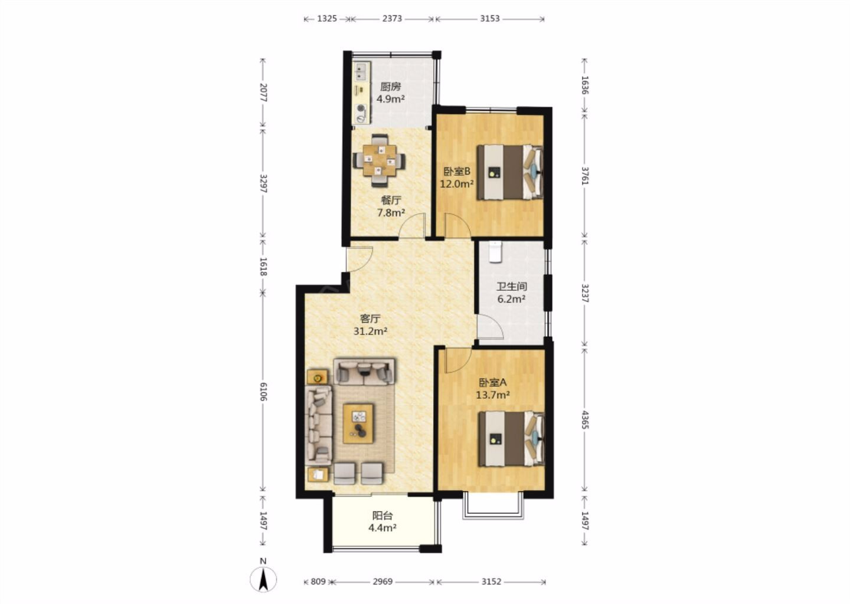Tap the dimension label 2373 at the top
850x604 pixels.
coord(392,18)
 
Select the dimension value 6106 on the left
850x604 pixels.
coord(263,392)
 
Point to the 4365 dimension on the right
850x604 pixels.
coord(585,420)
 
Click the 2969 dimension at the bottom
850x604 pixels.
coord(382,582)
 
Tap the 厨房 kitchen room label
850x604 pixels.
coord(391,87)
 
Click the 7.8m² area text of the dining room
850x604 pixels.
coord(391,213)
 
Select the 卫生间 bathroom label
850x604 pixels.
coord(512,287)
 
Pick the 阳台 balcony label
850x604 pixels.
coord(382,516)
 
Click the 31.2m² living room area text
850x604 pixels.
coord(370,331)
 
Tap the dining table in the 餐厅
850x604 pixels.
coord(379,160)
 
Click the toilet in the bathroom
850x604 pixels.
coord(495,252)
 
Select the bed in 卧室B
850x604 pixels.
coord(510,172)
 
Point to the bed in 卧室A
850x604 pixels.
coord(512,439)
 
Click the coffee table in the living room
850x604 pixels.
coord(358,424)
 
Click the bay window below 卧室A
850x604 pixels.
coord(493,505)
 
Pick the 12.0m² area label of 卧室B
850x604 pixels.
coord(456,184)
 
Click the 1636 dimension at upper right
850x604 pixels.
coord(585,86)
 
